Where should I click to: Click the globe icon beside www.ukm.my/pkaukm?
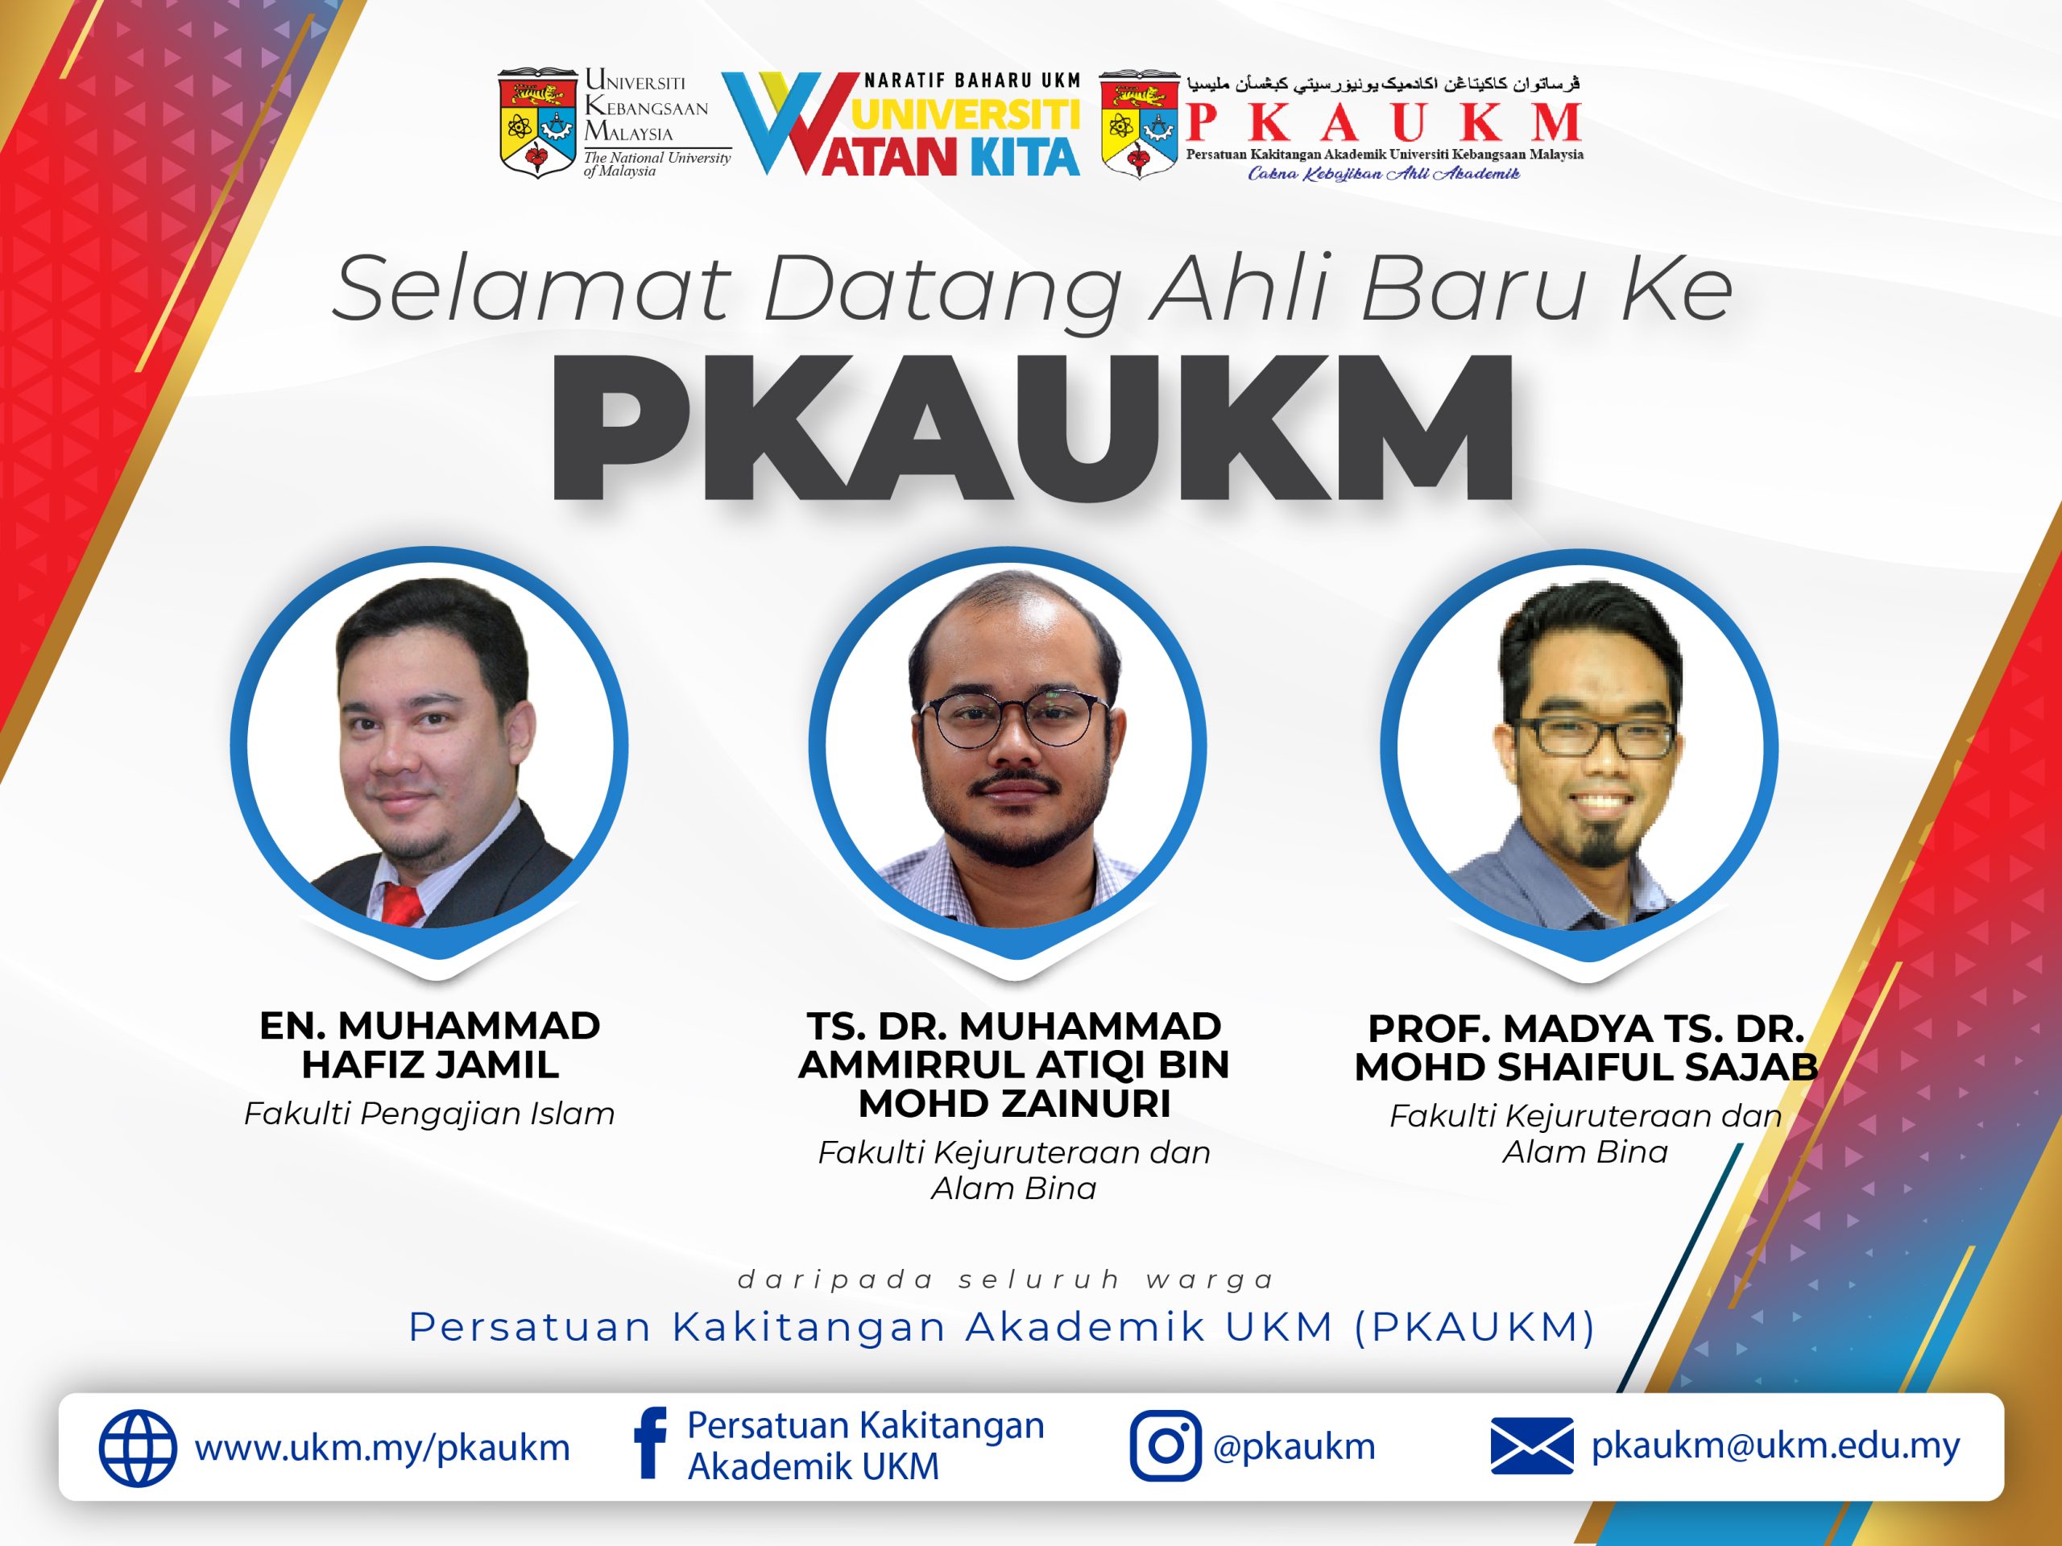coord(137,1448)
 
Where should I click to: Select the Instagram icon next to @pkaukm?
coord(1164,1446)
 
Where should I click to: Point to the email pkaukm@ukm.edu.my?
coord(1776,1445)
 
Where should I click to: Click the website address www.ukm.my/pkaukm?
coord(383,1448)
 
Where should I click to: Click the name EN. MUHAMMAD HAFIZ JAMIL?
coord(430,1044)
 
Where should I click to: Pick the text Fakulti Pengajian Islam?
coord(430,1114)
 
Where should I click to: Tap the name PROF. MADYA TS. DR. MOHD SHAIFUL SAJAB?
coord(1586,1048)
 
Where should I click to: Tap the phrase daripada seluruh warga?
coord(1006,1280)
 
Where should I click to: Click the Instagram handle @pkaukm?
coord(1294,1447)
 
